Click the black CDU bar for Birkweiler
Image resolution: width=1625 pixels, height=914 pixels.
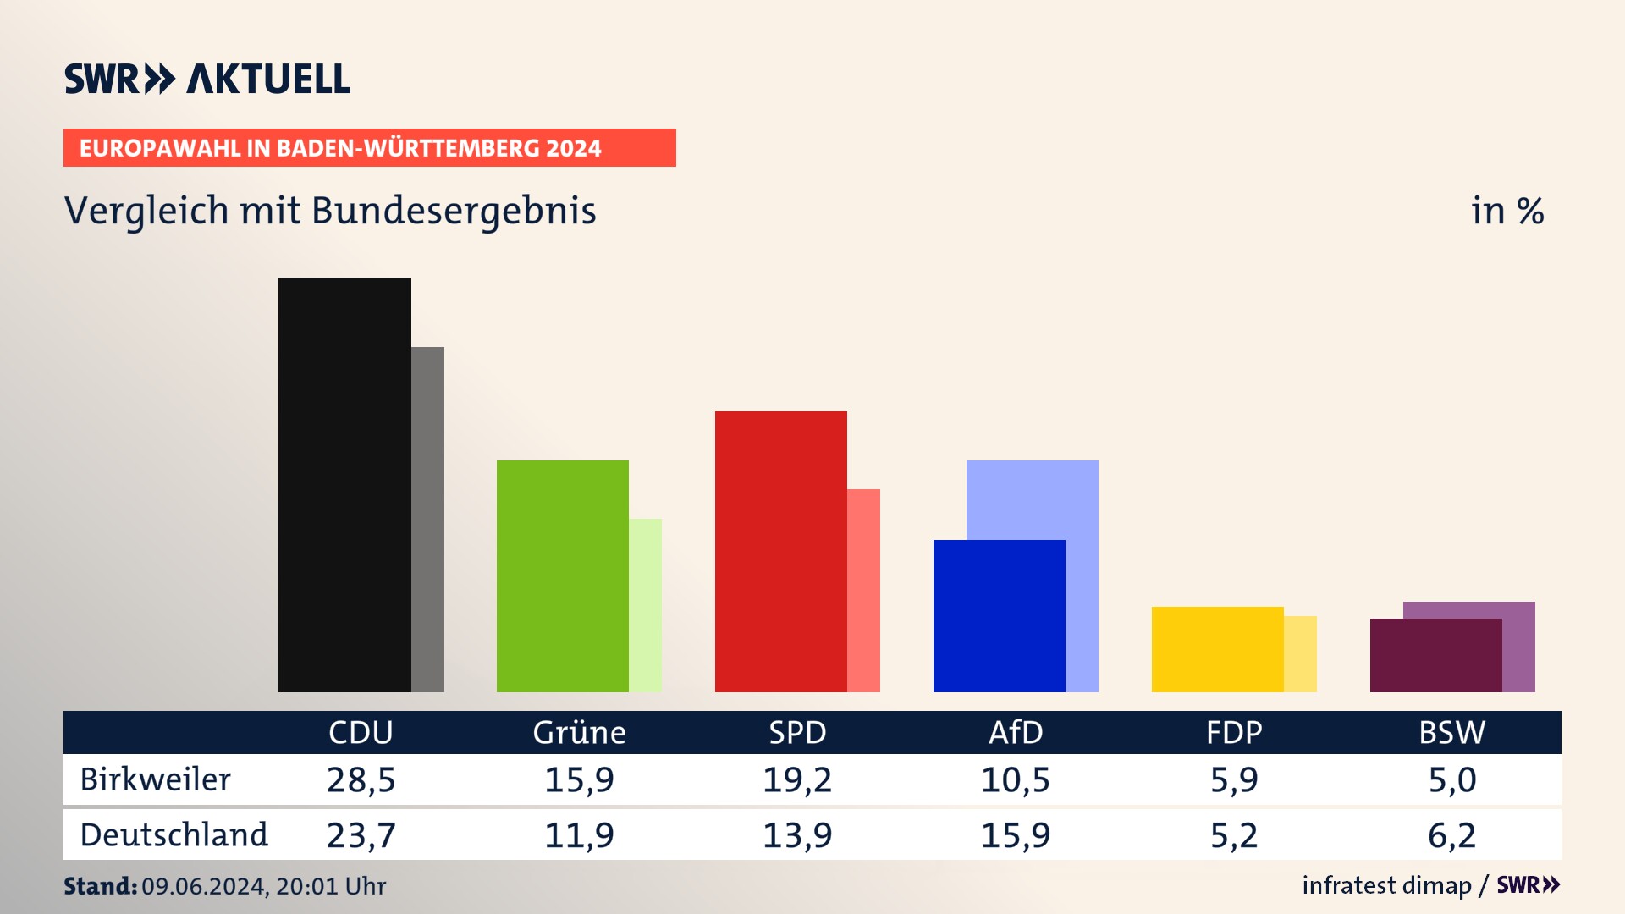point(344,484)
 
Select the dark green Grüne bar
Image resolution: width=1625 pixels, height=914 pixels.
point(562,575)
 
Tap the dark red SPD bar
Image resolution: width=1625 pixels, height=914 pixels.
point(780,551)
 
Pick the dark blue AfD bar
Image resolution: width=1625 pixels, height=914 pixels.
point(999,615)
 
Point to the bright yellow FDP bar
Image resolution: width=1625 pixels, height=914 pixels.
point(1217,649)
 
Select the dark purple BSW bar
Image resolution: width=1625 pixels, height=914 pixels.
point(1435,655)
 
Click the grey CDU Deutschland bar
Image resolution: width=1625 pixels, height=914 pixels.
point(427,519)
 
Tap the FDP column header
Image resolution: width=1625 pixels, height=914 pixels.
point(1234,732)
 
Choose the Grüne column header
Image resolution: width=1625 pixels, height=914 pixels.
point(579,732)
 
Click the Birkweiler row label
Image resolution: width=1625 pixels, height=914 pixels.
point(155,779)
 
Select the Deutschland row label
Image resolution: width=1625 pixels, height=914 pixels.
point(174,835)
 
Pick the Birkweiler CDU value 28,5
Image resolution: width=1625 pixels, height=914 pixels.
point(361,779)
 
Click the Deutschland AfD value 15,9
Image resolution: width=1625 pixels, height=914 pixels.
point(1016,835)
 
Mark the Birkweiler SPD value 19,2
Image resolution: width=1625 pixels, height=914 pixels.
point(797,779)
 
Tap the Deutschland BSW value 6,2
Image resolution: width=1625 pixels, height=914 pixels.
point(1452,835)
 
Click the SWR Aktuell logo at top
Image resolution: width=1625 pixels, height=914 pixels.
point(207,79)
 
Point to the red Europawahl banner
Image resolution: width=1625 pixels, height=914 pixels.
point(369,148)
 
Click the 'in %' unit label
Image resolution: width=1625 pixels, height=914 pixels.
point(1507,211)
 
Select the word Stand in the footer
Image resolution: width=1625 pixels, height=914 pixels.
point(100,886)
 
